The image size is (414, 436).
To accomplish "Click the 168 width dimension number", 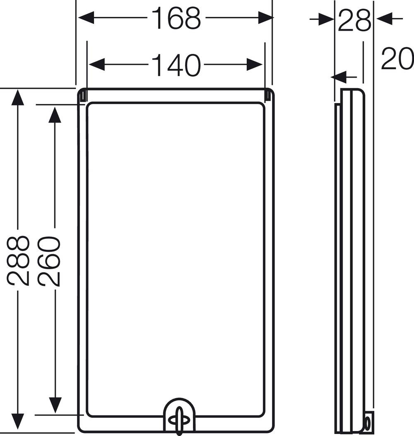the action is (x=176, y=18).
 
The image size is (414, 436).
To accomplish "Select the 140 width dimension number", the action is (x=176, y=65).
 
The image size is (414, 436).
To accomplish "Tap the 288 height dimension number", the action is (x=18, y=260).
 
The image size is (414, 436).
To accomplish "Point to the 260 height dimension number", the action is (x=49, y=261).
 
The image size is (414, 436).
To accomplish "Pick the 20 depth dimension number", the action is (x=397, y=59).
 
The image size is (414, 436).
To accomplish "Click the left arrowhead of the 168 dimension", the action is (x=86, y=17).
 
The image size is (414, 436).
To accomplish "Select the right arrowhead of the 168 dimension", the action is (x=265, y=17).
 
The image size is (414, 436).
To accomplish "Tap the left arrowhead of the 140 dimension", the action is (x=96, y=65).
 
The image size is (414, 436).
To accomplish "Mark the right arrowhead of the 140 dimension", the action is (x=255, y=65).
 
